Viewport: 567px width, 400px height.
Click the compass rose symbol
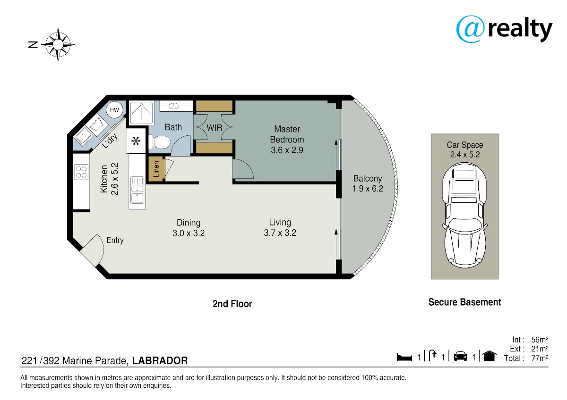(x=58, y=44)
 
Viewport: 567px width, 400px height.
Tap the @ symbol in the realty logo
(x=470, y=29)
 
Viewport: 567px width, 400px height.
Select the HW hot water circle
(x=114, y=110)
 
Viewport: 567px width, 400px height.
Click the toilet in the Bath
(x=159, y=142)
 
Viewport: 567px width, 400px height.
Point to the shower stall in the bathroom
(x=141, y=112)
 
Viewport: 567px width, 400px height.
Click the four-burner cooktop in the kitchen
(x=81, y=172)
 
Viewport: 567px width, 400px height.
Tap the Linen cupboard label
(x=156, y=169)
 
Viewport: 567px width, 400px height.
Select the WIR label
(x=215, y=128)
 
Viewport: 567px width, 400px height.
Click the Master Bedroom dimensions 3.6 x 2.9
(x=287, y=150)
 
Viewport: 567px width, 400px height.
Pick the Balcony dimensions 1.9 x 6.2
(x=368, y=189)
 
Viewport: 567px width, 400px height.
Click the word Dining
(x=189, y=223)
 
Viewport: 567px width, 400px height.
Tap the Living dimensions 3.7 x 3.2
(x=280, y=233)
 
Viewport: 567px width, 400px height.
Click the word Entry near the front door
(x=115, y=240)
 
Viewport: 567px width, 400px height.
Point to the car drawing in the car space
(x=464, y=215)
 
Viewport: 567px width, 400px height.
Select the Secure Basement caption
(x=465, y=302)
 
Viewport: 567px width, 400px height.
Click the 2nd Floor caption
(x=232, y=304)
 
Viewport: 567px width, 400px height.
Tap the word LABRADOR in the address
(x=160, y=360)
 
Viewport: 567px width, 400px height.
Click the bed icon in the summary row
(x=404, y=357)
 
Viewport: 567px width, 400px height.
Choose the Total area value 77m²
(x=540, y=358)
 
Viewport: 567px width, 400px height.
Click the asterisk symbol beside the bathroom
(x=136, y=141)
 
